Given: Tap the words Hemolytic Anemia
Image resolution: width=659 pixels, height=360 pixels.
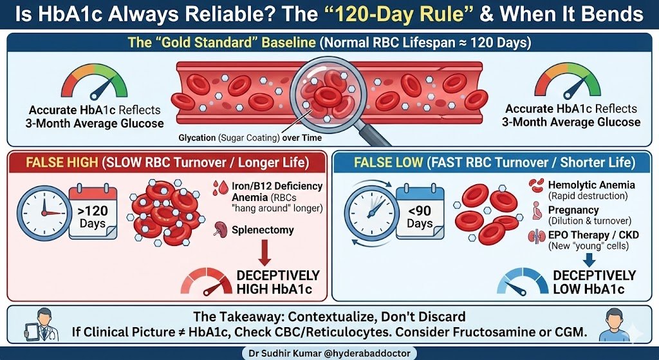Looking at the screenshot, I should click(582, 185).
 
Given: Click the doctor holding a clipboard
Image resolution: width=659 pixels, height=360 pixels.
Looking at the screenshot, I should click(46, 324).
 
